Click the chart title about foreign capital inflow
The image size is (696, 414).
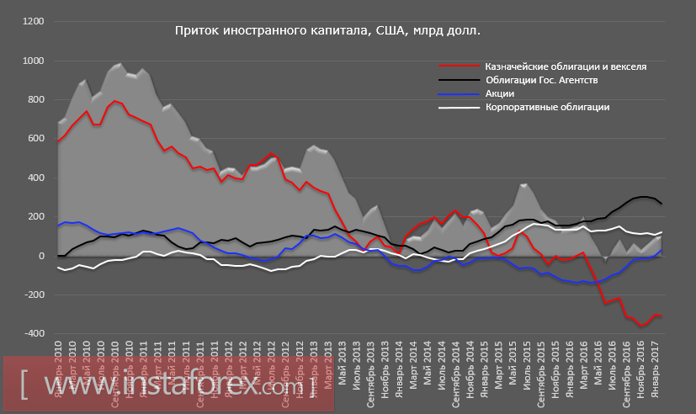(327, 31)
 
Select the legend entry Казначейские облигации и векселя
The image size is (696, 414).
(566, 66)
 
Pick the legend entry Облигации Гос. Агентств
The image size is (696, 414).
(541, 80)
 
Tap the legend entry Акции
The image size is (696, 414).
(499, 93)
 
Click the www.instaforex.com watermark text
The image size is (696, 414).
(167, 386)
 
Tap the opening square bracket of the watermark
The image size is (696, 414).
(26, 386)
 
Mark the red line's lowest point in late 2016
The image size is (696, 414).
(643, 326)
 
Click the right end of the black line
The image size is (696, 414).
(661, 204)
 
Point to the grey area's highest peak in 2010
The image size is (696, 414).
(119, 63)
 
